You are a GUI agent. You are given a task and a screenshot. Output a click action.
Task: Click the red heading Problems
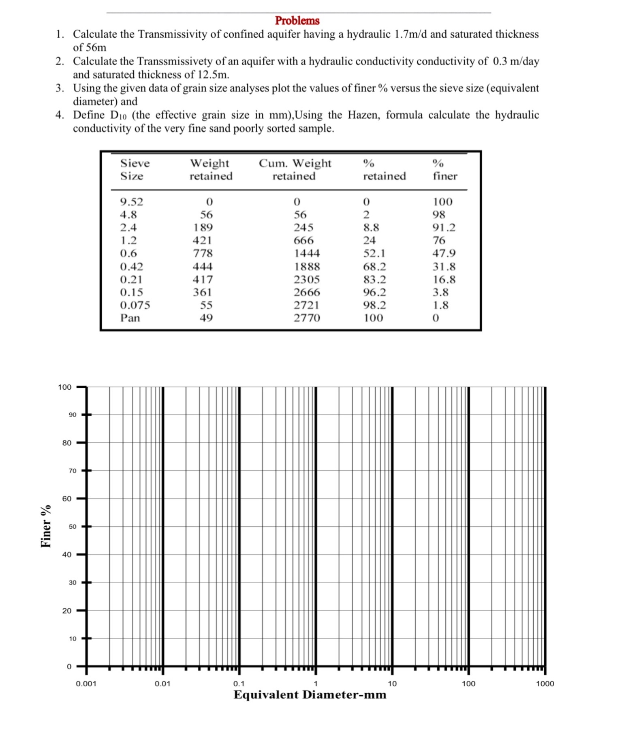(297, 20)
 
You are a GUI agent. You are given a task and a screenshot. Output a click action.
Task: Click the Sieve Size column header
(135, 169)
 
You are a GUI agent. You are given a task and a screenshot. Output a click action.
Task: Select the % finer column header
(444, 169)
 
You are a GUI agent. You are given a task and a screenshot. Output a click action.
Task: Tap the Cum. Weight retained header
(295, 169)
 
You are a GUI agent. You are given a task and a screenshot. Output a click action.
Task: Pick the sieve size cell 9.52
(132, 202)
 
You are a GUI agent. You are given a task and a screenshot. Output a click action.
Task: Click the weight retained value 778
(203, 253)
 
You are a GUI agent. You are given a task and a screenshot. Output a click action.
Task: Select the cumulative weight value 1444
(307, 253)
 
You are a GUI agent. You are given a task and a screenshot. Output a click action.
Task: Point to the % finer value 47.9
(444, 253)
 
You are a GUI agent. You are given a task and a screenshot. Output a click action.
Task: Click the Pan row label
(130, 318)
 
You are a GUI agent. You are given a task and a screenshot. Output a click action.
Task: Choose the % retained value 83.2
(374, 280)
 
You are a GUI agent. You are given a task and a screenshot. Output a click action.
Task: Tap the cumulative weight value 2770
(307, 318)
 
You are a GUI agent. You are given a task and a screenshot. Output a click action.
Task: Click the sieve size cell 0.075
(135, 305)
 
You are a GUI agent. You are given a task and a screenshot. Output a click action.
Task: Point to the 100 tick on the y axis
(64, 387)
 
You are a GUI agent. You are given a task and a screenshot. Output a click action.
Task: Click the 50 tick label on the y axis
(72, 526)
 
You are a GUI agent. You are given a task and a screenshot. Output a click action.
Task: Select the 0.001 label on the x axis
(86, 684)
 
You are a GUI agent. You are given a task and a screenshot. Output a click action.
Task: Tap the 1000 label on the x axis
(545, 684)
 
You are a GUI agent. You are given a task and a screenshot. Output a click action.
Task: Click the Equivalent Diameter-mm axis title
(310, 695)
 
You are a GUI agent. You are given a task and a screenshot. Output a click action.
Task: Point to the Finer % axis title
(46, 526)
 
